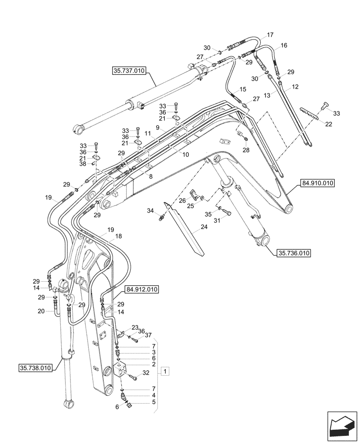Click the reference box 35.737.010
point(129,70)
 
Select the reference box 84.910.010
point(318,183)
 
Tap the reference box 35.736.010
point(294,253)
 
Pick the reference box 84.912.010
point(142,289)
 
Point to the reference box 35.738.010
point(35,367)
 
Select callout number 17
point(270,35)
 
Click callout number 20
point(41,311)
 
